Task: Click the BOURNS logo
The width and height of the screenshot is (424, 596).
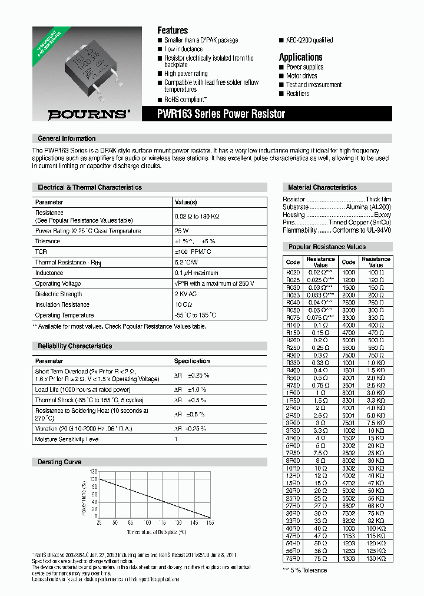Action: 89,114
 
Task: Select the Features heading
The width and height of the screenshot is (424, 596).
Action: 173,30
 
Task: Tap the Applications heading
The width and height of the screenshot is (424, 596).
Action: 300,57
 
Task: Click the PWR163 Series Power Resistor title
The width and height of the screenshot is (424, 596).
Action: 221,114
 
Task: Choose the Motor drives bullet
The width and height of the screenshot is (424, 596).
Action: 302,76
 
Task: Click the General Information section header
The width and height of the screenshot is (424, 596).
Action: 67,138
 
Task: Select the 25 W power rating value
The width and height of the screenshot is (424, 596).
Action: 181,231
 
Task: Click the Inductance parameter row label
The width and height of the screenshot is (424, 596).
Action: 49,273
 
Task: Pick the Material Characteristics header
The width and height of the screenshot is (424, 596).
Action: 322,187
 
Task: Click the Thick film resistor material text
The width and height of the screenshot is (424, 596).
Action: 378,200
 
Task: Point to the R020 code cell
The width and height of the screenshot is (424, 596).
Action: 293,273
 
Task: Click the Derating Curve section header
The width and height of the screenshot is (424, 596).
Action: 59,462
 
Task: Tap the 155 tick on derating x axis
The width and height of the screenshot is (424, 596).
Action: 210,522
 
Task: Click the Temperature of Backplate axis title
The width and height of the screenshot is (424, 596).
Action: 156,532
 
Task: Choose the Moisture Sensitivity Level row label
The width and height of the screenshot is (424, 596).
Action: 67,439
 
